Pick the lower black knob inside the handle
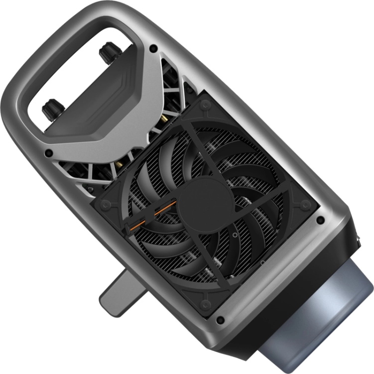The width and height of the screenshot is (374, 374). [x=52, y=108]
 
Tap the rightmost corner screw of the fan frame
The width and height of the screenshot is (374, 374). [x=305, y=205]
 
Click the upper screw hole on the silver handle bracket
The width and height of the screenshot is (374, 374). [x=153, y=48]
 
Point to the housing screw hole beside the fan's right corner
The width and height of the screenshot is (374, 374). [x=321, y=220]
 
